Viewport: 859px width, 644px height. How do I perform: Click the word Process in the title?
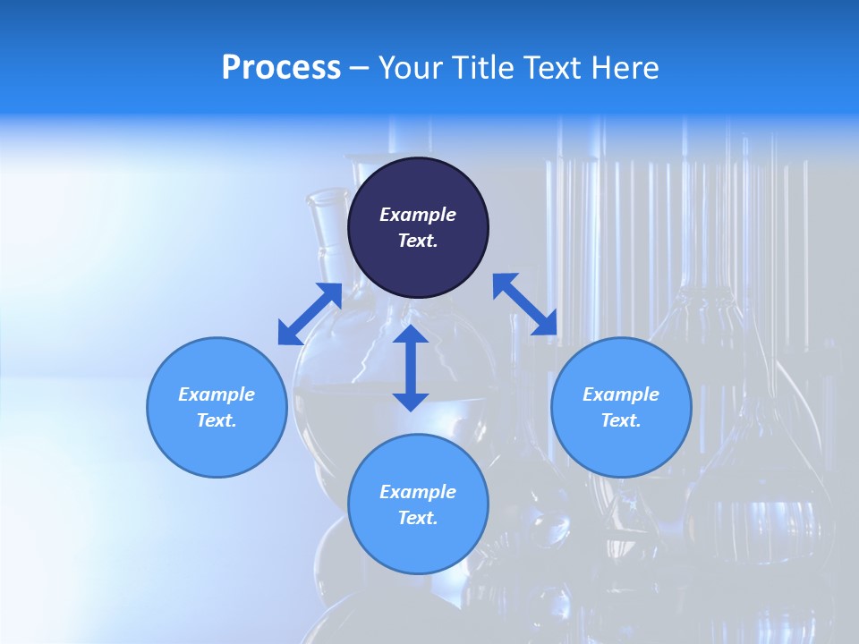click(x=281, y=68)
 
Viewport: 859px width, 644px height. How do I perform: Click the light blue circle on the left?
click(x=217, y=407)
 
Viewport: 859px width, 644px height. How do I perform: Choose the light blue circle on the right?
click(x=621, y=407)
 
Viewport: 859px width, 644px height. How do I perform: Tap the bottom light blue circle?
click(x=418, y=504)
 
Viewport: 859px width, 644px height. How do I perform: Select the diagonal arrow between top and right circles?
click(x=525, y=304)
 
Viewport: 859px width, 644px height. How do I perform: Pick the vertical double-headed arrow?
click(x=411, y=368)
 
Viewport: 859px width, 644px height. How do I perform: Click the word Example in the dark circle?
click(x=418, y=215)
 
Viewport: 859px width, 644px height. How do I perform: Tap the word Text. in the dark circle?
click(x=418, y=241)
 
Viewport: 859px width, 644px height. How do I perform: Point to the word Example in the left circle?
click(x=217, y=394)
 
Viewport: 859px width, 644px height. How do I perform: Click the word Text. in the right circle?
click(x=621, y=420)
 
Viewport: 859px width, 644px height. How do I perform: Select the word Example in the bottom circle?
click(x=418, y=492)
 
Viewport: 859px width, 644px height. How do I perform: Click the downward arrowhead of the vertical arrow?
click(x=411, y=400)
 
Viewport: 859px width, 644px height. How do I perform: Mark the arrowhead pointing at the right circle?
click(x=546, y=325)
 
